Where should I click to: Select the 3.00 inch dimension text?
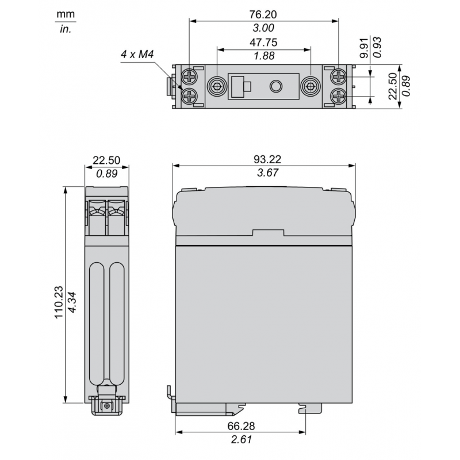pos(263,28)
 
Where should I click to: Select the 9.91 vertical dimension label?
pos(362,49)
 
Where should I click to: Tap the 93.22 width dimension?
pos(263,159)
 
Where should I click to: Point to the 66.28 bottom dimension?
pos(241,427)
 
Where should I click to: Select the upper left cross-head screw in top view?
pos(190,76)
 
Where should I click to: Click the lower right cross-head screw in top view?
pos(338,96)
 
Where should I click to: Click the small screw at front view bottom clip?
pos(106,407)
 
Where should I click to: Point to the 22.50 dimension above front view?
pos(106,159)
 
